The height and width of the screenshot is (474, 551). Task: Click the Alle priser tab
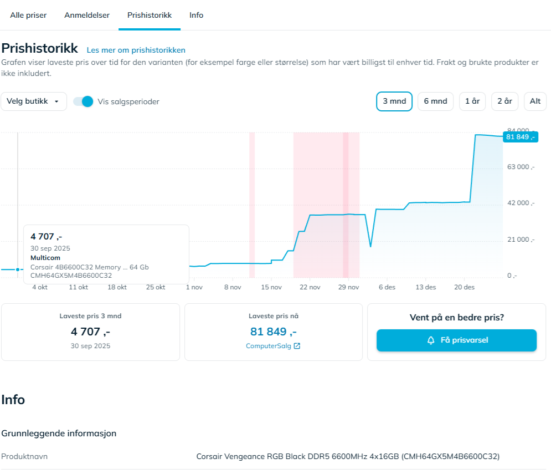pos(28,15)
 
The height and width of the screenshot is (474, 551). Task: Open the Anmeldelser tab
pos(87,15)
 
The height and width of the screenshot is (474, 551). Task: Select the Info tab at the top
pos(196,15)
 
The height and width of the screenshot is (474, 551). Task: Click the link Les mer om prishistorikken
pos(136,50)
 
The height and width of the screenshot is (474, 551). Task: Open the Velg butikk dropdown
pos(34,101)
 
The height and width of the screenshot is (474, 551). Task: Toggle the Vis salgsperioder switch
pos(84,101)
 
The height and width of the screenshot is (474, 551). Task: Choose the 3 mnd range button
pos(394,101)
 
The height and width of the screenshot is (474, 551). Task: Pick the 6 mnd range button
pos(435,101)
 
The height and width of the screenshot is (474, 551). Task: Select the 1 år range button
pos(472,101)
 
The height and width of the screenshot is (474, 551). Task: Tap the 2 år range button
pos(504,101)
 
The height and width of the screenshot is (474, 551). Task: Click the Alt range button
pos(535,101)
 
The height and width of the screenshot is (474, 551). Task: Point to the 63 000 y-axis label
pos(521,167)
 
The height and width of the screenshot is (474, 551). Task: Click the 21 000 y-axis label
pos(521,239)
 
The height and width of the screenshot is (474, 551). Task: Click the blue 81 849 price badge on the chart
pos(520,137)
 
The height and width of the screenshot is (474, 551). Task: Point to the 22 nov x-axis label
pos(310,287)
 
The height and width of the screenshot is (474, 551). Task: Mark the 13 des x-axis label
pos(426,287)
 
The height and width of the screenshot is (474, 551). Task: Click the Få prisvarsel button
pos(456,340)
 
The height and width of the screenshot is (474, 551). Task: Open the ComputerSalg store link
pos(272,346)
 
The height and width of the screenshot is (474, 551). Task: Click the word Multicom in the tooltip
pos(45,258)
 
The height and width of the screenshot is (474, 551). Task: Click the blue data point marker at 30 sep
pos(18,269)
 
